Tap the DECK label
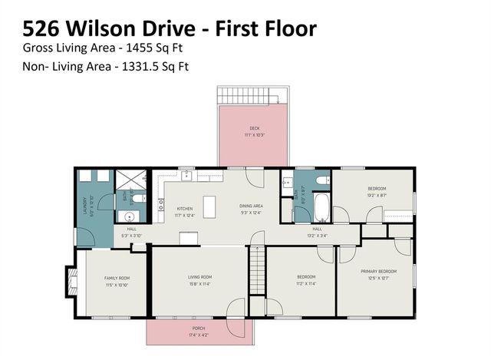254,128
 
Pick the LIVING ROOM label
199,277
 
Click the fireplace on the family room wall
71,282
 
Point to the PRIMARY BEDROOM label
378,271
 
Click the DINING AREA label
252,206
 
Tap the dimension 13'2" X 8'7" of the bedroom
376,196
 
